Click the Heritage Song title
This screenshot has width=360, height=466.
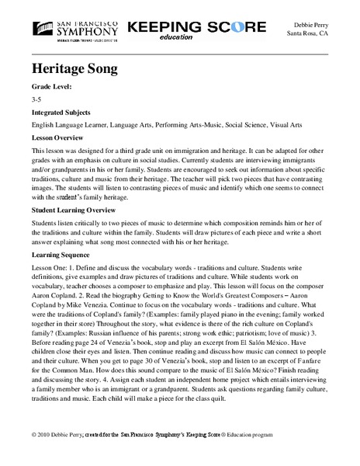coord(75,69)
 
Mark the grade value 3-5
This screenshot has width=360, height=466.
coord(38,101)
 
